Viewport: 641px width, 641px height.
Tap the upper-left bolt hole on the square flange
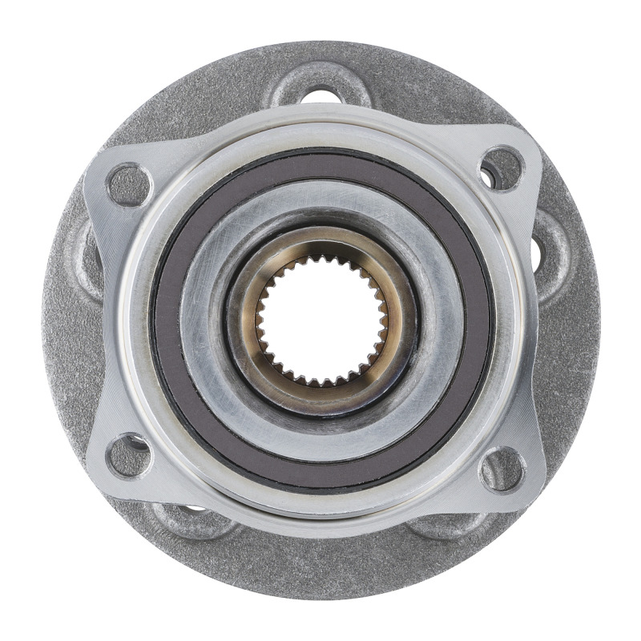128,184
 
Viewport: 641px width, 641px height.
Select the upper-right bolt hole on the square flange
502,169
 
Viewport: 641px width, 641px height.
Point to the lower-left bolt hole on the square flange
128,458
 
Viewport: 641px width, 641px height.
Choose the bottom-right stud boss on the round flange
449,525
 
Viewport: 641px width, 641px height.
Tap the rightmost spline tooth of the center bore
385,320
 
